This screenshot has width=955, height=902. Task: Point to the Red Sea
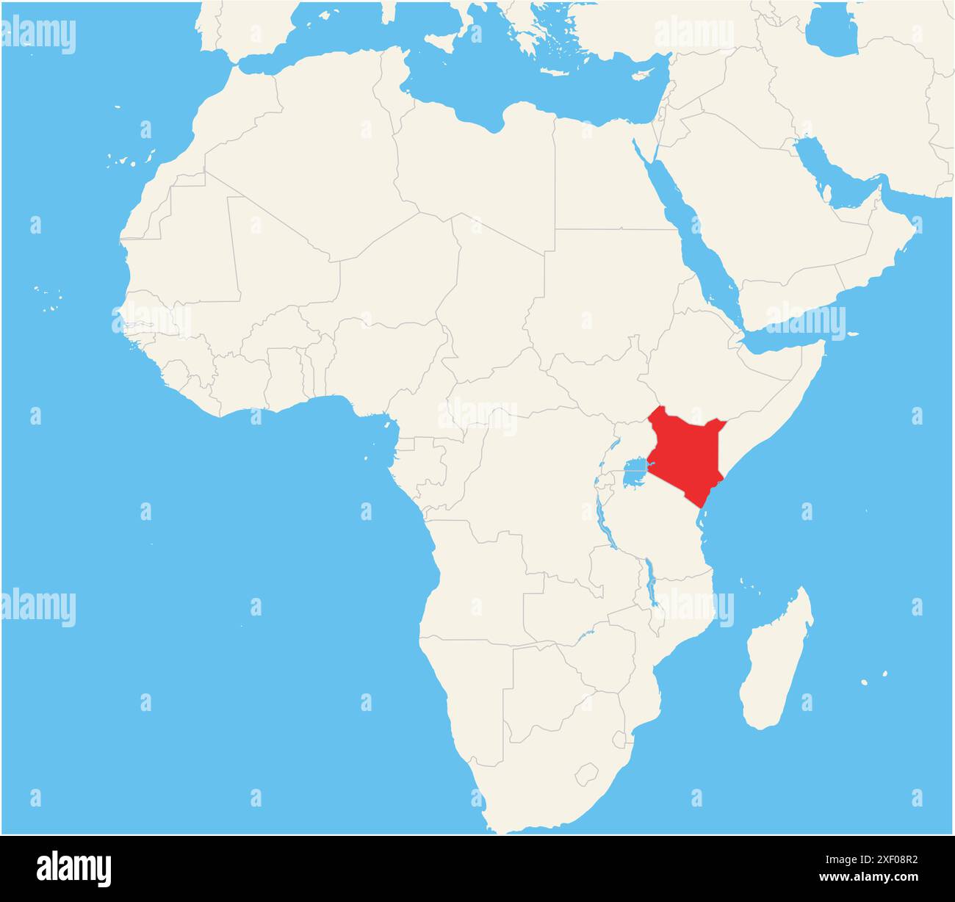691,228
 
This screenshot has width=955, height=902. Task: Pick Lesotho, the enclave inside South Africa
586,773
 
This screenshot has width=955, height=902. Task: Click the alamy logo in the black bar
75,868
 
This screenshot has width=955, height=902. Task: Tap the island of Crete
558,72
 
